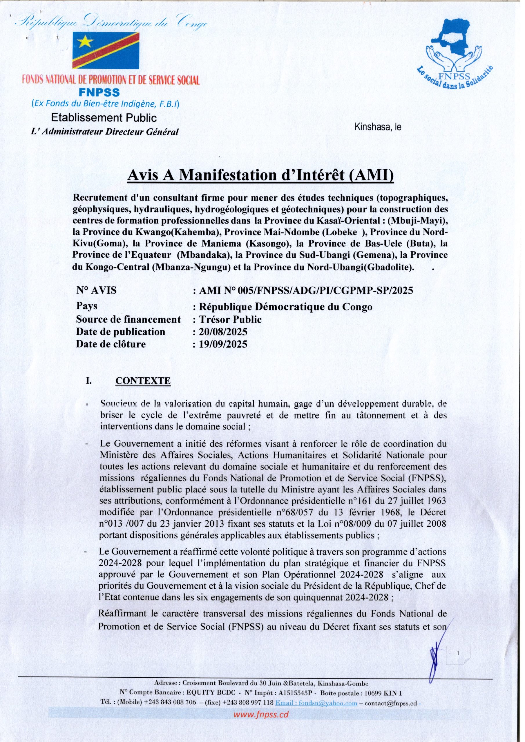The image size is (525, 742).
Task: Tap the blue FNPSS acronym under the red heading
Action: (99, 93)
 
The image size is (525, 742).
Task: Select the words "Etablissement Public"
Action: (104, 117)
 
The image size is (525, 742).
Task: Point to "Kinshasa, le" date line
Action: (377, 127)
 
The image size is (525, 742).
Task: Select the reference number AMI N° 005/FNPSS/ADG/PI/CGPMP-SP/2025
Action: (305, 290)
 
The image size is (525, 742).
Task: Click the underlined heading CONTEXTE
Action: (143, 381)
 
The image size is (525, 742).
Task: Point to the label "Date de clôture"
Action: (111, 344)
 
